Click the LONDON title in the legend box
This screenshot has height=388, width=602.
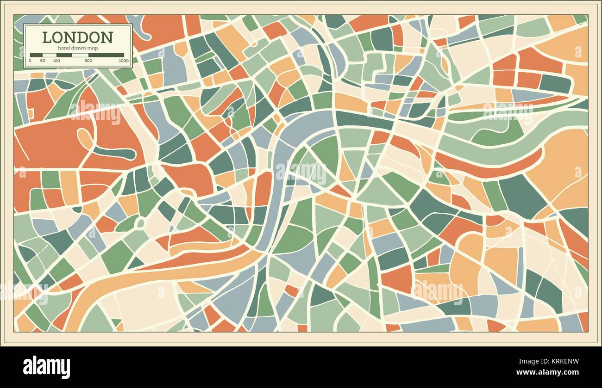click(77, 37)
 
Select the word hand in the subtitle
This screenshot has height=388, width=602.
click(64, 48)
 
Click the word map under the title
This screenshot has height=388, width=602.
click(94, 48)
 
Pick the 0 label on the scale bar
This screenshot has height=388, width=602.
click(30, 61)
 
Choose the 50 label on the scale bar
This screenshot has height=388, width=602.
click(43, 61)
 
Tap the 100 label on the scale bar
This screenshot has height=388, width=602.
click(56, 61)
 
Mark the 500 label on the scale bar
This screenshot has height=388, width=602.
click(88, 61)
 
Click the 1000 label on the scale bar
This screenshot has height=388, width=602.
click(123, 61)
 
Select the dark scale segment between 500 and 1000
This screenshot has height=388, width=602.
click(106, 55)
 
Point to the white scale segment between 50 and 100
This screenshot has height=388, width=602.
click(50, 55)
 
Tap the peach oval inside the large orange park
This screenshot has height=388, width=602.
click(85, 138)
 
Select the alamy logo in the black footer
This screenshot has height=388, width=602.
click(46, 367)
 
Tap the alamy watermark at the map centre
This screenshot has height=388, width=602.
click(301, 172)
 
